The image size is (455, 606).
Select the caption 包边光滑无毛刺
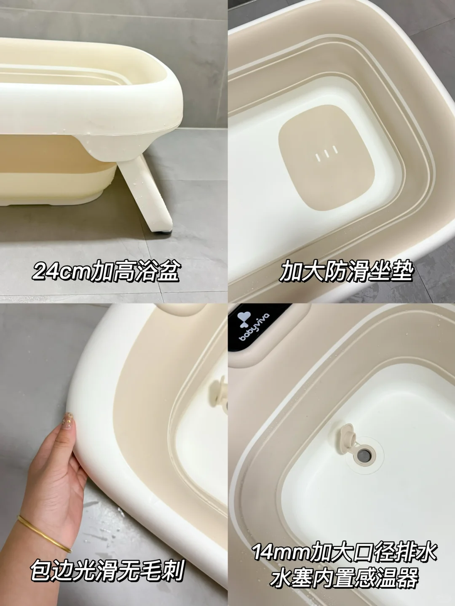107,572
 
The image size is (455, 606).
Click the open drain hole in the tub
363,454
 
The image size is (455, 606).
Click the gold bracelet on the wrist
44,532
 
